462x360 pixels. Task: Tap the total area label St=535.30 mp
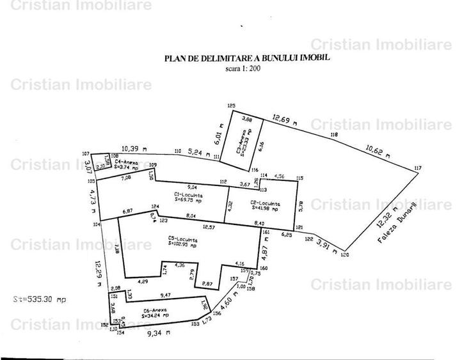[40, 299]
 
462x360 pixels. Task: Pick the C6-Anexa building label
[154, 313]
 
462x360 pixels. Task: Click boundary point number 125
[232, 106]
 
